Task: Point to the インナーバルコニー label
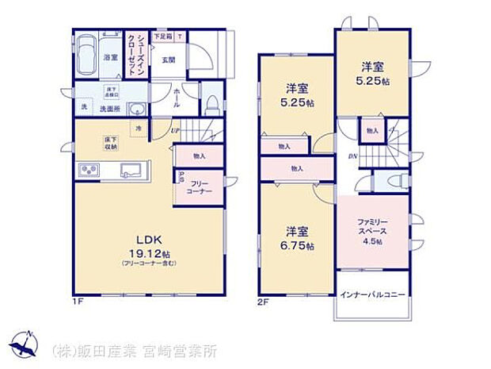click(371, 295)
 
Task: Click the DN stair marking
click(352, 156)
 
